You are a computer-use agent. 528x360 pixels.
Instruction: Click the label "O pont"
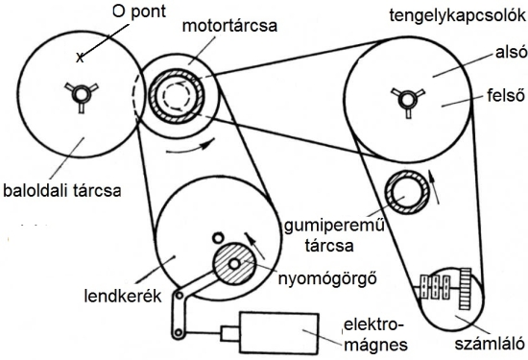(x=139, y=12)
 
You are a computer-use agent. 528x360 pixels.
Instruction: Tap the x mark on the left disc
(x=80, y=58)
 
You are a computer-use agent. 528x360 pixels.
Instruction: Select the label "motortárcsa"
(x=229, y=26)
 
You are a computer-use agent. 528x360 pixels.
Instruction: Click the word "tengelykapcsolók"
(x=458, y=15)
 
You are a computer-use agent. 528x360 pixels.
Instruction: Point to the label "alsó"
(x=511, y=52)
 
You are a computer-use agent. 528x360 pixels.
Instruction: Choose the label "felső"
(x=506, y=95)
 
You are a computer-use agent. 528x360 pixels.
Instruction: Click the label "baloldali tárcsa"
(x=62, y=191)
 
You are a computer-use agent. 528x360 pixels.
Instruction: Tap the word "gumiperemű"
(x=334, y=226)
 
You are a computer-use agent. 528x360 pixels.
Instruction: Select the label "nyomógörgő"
(x=327, y=278)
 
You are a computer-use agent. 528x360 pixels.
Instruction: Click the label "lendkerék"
(x=123, y=296)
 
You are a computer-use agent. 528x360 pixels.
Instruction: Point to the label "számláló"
(x=490, y=344)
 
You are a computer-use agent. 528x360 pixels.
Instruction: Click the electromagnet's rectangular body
(x=279, y=332)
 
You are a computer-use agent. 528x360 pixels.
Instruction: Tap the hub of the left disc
(x=82, y=94)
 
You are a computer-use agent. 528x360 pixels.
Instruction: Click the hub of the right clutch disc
(x=408, y=100)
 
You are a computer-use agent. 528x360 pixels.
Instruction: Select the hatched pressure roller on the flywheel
(x=234, y=264)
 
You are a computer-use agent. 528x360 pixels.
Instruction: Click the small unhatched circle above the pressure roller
(x=218, y=238)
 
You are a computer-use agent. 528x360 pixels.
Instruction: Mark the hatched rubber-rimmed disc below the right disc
(x=407, y=192)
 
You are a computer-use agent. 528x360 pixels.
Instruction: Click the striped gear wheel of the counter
(x=465, y=289)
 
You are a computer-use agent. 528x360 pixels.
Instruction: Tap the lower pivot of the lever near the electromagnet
(x=179, y=333)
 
